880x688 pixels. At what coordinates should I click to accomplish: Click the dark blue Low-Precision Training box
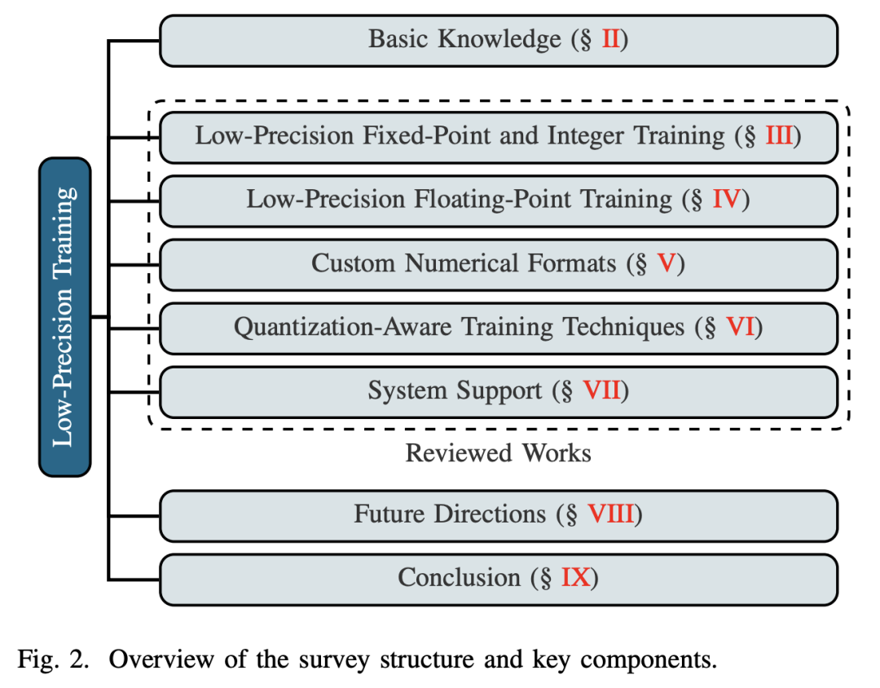point(65,317)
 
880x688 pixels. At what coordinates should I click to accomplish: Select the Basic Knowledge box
point(499,41)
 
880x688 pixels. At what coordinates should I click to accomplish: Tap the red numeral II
point(610,39)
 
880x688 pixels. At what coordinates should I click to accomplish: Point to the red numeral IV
point(727,200)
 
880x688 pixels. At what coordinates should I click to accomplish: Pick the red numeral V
point(667,262)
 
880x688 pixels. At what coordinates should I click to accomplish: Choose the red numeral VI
point(740,326)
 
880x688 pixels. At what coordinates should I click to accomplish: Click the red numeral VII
point(602,390)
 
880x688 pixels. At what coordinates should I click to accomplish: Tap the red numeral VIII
point(610,514)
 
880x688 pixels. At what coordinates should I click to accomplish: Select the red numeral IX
point(576,577)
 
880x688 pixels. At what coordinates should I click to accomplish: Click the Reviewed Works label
point(499,453)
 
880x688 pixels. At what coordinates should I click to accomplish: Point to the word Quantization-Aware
point(342,327)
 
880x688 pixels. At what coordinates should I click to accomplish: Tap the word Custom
point(354,262)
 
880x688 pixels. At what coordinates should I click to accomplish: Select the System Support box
point(499,393)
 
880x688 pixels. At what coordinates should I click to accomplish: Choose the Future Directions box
point(499,516)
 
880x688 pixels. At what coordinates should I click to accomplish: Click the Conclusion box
point(499,580)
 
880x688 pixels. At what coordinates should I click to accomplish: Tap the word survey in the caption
point(333,660)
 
